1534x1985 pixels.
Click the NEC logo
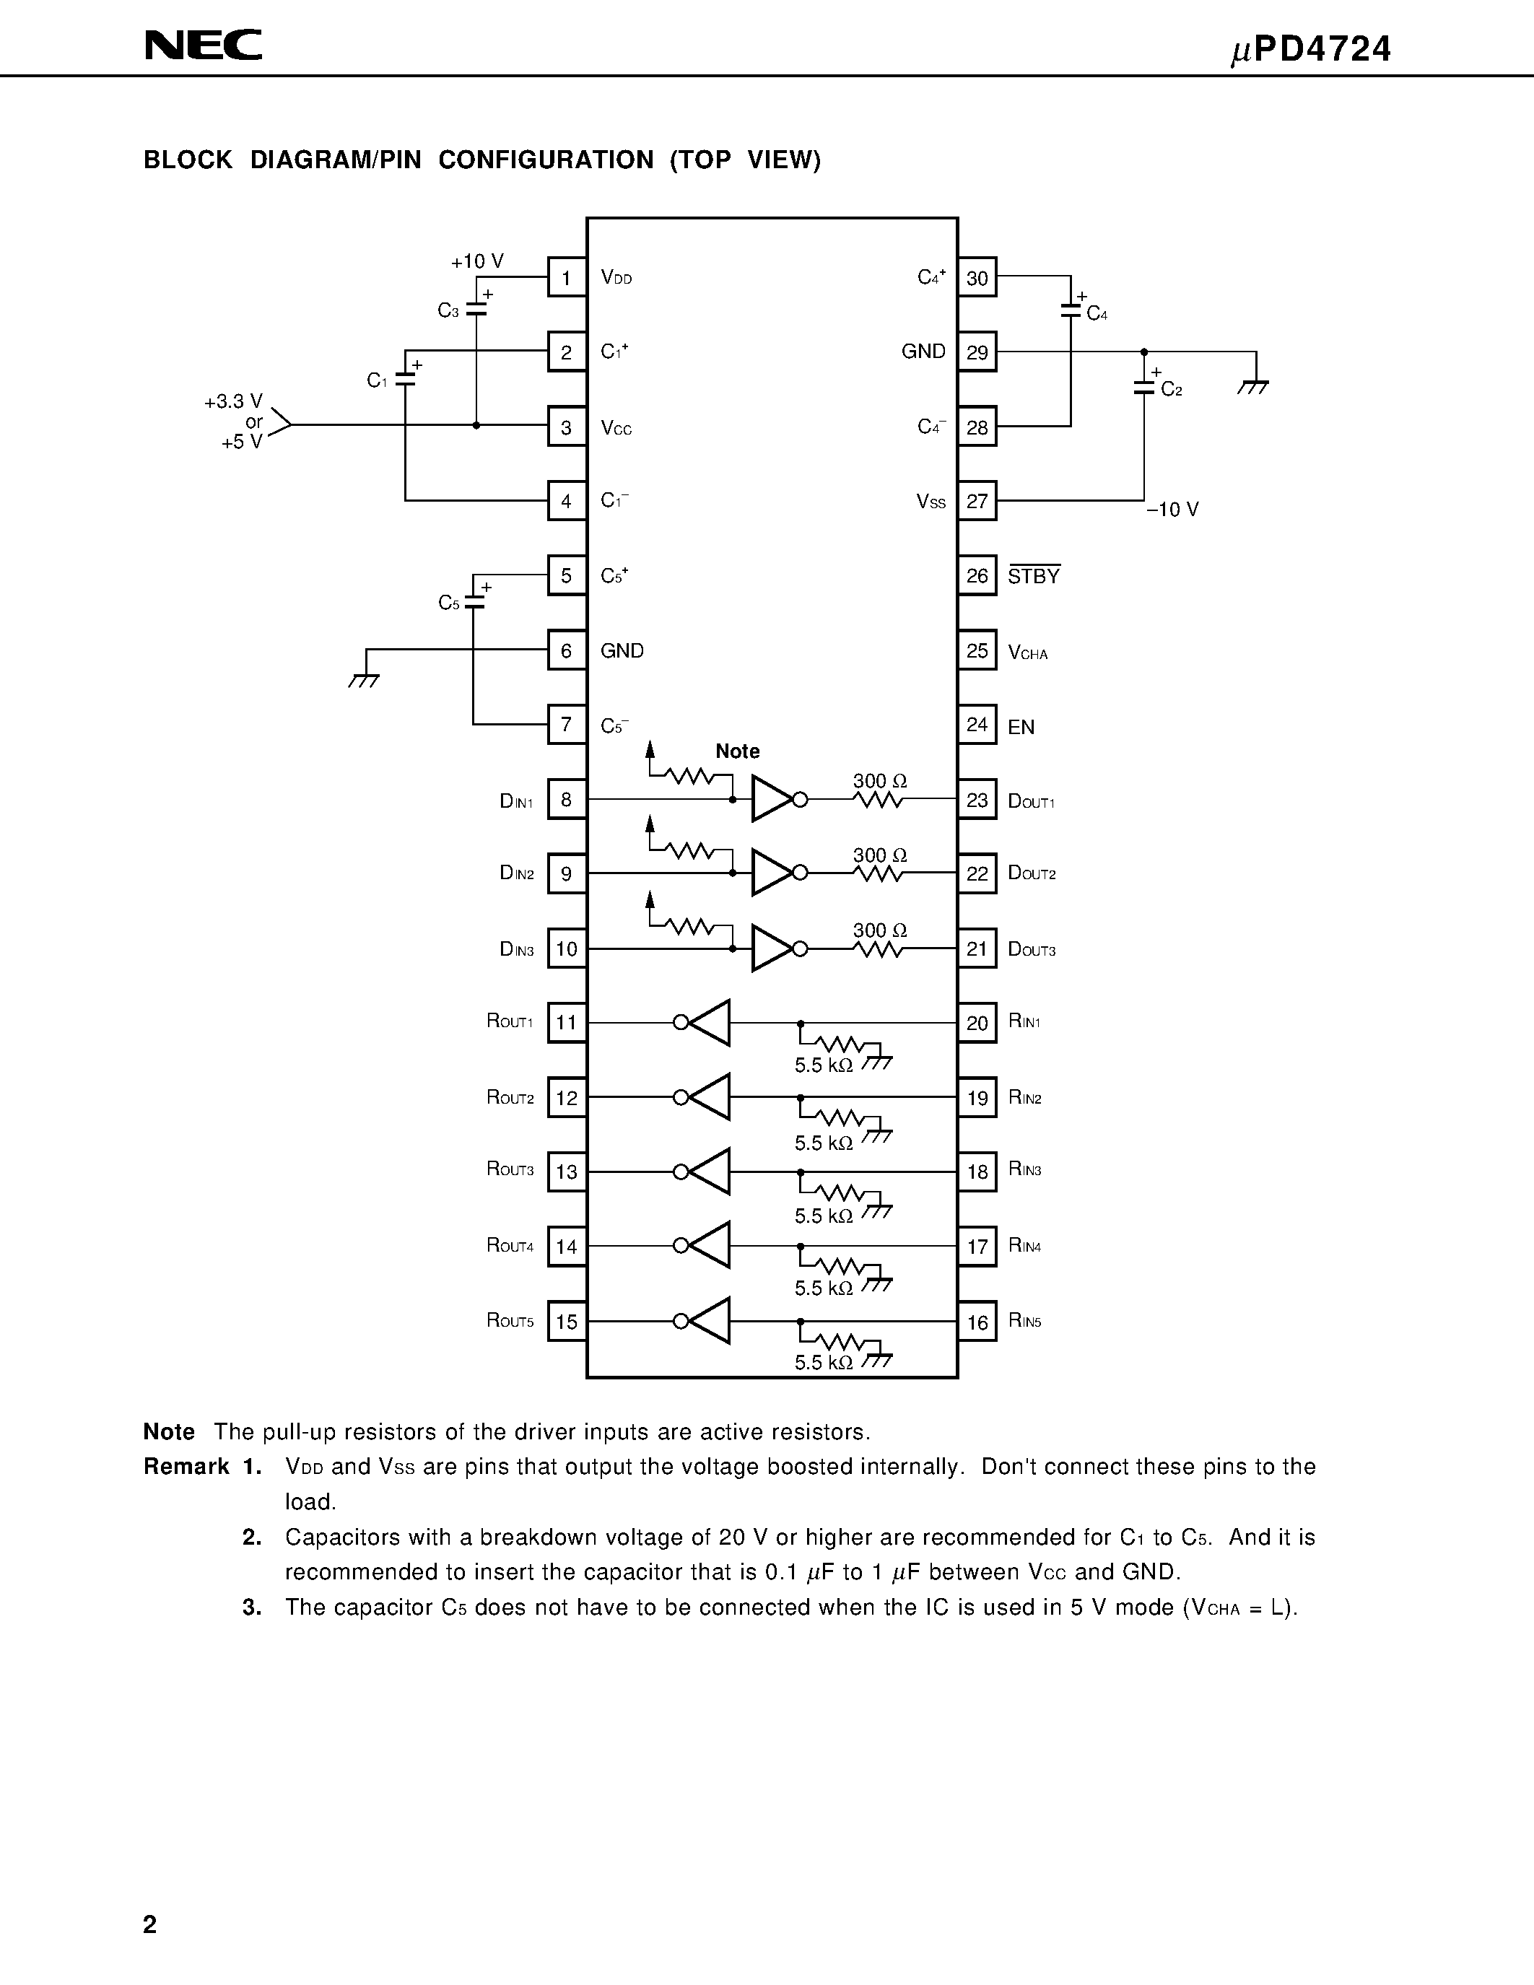point(204,45)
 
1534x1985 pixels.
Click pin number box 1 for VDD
point(566,278)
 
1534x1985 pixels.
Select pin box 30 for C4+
point(977,278)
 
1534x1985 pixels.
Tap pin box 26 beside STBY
point(977,576)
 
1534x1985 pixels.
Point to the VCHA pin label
point(1028,652)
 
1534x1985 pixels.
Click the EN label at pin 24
point(1021,727)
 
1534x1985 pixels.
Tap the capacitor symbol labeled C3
point(475,310)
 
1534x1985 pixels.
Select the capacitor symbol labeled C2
point(1144,387)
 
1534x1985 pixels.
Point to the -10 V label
point(1172,510)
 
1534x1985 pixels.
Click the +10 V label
point(477,262)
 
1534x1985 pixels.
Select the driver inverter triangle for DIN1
point(772,799)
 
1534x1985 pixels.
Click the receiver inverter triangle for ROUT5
point(709,1321)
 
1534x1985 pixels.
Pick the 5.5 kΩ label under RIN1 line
point(824,1065)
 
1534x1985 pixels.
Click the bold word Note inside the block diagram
point(737,751)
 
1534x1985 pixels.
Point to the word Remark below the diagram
point(186,1467)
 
